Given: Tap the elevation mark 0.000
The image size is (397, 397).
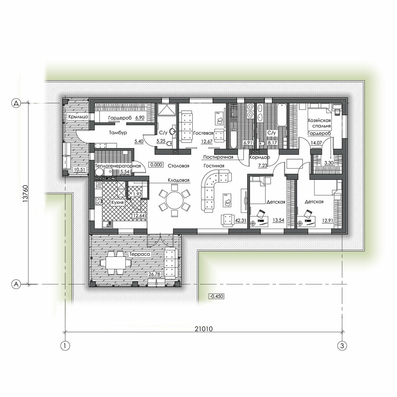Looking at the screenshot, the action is click(156, 165).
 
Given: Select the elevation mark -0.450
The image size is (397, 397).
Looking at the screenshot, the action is click(216, 296).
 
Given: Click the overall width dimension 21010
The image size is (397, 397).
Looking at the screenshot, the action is click(203, 329).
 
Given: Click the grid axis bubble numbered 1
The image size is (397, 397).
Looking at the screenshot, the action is click(66, 345).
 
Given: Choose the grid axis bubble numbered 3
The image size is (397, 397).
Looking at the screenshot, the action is click(342, 345).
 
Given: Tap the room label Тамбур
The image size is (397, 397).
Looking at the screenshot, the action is click(118, 132).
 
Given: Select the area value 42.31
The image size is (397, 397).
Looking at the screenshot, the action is click(241, 220).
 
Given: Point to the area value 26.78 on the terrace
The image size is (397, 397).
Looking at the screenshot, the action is click(154, 274).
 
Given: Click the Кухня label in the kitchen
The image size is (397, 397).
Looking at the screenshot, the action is click(117, 202).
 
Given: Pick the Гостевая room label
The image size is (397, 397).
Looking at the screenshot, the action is click(203, 133).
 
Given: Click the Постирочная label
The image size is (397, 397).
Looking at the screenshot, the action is click(218, 157).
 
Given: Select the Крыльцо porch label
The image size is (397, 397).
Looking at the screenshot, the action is click(78, 116).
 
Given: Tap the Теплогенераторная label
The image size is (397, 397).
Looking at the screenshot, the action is click(118, 166).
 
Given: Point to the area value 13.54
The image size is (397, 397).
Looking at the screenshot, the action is click(278, 220).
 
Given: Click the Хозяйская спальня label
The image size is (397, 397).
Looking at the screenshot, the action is click(319, 123).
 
